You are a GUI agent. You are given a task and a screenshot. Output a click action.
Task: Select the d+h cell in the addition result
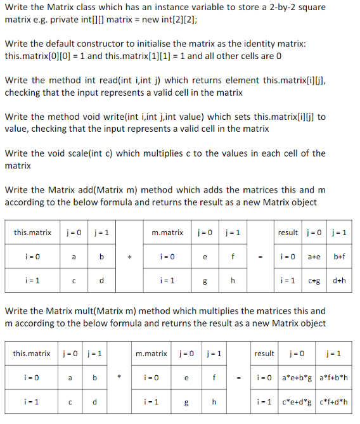tap(339, 281)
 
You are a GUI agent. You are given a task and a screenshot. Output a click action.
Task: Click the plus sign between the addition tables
tap(129, 257)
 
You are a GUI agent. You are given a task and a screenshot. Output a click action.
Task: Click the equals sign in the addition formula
tap(259, 257)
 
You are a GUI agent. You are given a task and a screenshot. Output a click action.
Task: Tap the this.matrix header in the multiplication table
tap(32, 353)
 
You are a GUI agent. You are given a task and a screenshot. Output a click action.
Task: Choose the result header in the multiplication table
tap(264, 353)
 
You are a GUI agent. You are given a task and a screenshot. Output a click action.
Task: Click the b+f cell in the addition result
tap(339, 257)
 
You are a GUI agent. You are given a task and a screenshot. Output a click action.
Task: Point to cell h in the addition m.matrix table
tap(233, 281)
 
